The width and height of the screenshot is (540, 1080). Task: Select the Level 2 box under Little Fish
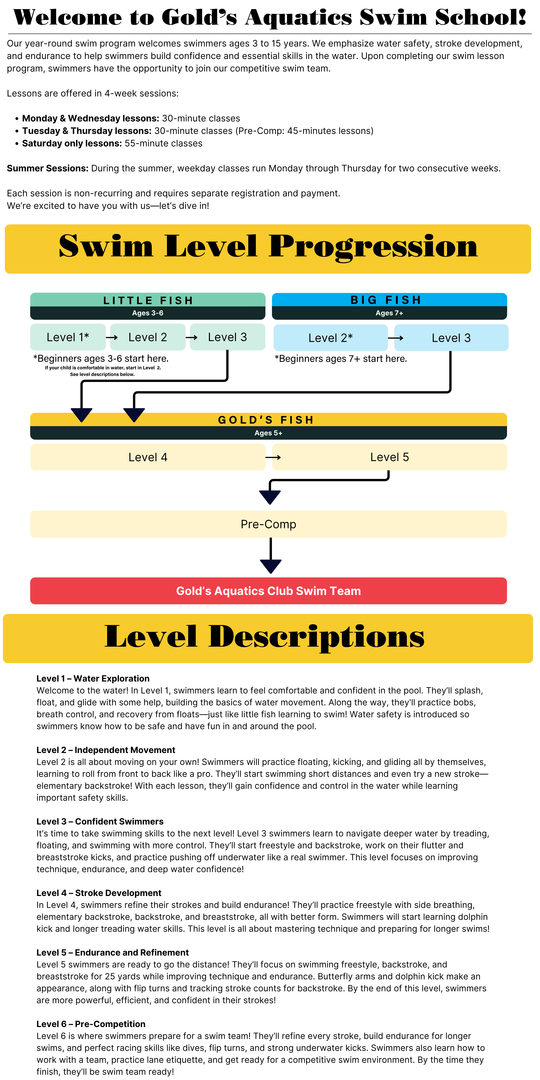point(147,337)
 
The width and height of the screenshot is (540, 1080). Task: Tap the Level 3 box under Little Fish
point(227,337)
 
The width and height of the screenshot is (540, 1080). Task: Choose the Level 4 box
point(148,457)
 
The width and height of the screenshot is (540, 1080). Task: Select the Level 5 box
point(389,457)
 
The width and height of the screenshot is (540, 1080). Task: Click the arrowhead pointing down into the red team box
point(271,566)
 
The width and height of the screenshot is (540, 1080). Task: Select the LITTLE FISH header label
point(148,300)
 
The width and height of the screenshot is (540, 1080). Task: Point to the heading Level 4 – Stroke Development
point(99,893)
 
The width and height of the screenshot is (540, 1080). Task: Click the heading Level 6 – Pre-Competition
point(91,1024)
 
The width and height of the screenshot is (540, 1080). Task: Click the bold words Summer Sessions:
point(47,168)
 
